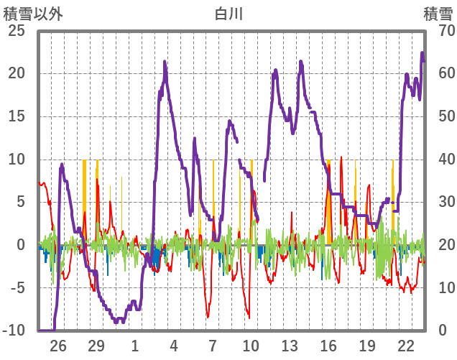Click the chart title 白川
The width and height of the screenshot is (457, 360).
coord(228,13)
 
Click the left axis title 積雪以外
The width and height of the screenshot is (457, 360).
coord(28,13)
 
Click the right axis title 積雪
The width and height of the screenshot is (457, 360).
coord(438,13)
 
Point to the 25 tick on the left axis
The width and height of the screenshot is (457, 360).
coord(16,31)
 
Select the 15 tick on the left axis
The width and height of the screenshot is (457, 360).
coord(16,116)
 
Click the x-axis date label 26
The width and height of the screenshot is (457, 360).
coord(57,345)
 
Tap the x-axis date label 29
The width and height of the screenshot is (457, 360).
coord(96,345)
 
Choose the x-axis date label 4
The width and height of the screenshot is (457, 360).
coord(174,345)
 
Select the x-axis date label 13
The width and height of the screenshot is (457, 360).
coord(290,345)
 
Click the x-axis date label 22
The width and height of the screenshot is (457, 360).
coord(406,345)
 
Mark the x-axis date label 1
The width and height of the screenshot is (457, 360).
coord(135,345)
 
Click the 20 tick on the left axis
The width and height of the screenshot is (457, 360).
coord(16,73)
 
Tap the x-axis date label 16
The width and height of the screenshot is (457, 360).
coord(328,345)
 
